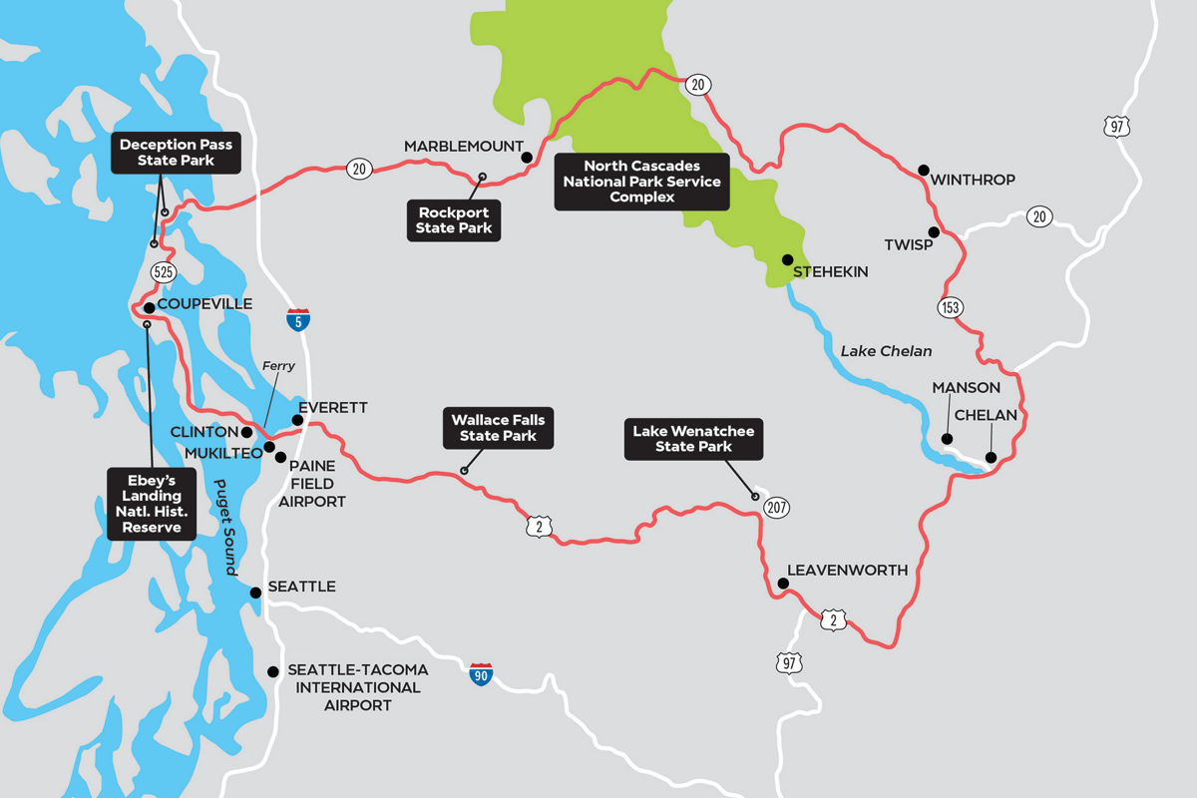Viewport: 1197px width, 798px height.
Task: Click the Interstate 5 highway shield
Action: point(297,320)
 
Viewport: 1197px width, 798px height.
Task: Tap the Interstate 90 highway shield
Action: point(482,672)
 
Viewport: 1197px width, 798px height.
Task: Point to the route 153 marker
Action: point(950,307)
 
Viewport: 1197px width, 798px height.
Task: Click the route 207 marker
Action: point(776,508)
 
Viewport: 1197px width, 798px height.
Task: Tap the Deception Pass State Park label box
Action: point(176,153)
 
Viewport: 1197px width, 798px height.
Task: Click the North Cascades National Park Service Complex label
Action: point(641,182)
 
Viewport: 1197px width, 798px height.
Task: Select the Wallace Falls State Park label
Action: point(498,428)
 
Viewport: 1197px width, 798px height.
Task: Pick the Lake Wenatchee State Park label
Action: point(693,439)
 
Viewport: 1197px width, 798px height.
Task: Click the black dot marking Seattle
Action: point(256,593)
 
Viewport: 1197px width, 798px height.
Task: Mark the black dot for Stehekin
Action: point(786,258)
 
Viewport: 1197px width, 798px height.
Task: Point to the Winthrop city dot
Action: point(923,170)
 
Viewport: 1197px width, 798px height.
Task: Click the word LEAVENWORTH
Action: point(847,571)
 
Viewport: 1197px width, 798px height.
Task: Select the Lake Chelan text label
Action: point(886,350)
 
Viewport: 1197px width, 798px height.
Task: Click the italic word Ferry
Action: point(278,366)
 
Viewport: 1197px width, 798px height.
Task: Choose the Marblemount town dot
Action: point(527,157)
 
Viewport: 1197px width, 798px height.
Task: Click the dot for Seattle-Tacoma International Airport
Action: point(273,671)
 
